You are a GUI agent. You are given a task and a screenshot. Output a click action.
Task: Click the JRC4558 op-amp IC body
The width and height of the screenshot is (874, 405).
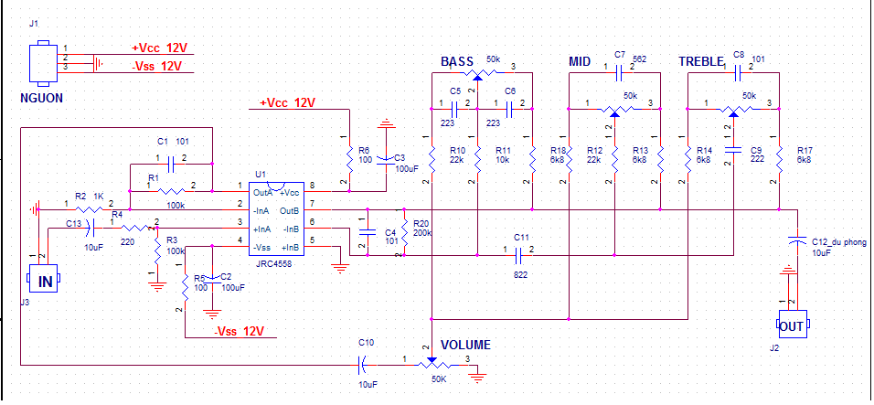point(278,220)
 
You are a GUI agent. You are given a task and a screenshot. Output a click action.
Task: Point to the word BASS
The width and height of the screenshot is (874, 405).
point(457,62)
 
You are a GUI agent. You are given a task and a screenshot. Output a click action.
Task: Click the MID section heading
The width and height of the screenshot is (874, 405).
point(580,62)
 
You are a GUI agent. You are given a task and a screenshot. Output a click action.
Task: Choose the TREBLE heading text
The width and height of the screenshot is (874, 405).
point(702,62)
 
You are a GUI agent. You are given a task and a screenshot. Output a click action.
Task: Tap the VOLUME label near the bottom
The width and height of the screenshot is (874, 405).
point(466,346)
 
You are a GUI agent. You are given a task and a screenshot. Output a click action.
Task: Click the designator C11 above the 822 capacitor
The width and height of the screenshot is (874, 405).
point(521,238)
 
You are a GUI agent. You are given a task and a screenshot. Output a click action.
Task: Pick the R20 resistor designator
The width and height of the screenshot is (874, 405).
point(421,223)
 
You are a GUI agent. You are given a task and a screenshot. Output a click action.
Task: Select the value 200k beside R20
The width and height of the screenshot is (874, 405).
point(422,233)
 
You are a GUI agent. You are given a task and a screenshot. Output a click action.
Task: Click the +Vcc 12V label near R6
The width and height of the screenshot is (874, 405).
point(287,103)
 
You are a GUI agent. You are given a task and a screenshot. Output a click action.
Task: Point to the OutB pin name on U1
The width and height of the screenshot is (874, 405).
point(290,210)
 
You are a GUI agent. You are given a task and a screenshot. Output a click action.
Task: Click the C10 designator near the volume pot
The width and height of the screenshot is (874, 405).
point(366,343)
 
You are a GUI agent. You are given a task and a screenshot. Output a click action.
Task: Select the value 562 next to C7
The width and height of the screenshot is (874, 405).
point(639,57)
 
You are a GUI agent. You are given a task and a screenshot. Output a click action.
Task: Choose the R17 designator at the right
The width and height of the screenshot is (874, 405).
point(805,150)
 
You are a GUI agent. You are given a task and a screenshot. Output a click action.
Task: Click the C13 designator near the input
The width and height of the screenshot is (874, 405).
point(74,223)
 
